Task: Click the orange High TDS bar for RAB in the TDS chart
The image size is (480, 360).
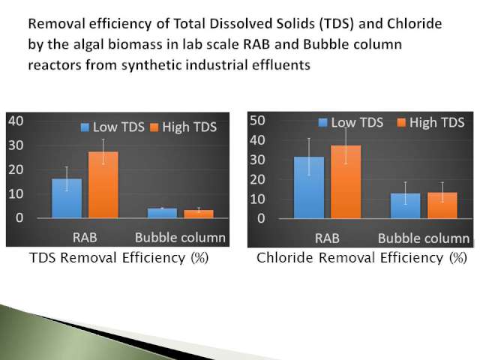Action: (x=103, y=184)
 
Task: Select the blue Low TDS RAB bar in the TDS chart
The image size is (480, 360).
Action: (x=67, y=198)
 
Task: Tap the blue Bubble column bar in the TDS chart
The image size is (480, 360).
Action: (x=162, y=213)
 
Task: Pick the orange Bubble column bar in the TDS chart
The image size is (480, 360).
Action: (x=199, y=214)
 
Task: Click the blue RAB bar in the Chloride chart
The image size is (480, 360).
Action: (x=309, y=187)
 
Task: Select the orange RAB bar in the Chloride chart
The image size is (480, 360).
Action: (x=346, y=181)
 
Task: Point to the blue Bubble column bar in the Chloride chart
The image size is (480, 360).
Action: (x=405, y=205)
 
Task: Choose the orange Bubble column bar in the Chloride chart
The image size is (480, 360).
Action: (x=442, y=205)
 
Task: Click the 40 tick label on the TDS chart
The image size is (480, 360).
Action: (x=16, y=121)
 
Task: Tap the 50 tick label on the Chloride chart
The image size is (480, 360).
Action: (x=257, y=120)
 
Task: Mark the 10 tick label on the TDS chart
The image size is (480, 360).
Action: (x=16, y=193)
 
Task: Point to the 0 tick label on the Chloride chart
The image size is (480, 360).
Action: (x=261, y=218)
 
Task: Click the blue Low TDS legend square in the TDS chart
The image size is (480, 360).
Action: (x=85, y=127)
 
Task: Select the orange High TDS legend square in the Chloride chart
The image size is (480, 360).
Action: (x=401, y=123)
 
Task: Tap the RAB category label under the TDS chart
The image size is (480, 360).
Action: (x=85, y=238)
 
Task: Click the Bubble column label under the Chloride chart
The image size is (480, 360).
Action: (x=424, y=238)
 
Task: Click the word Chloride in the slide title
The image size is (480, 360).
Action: (x=415, y=23)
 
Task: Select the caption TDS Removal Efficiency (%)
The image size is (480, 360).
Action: (x=118, y=258)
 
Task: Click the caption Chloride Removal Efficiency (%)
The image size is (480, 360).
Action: (x=361, y=258)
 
